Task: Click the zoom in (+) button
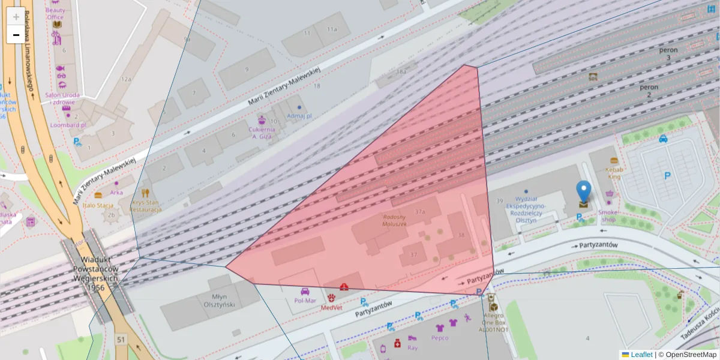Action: point(16,17)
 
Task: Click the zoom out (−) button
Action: point(16,35)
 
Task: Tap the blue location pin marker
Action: point(583,192)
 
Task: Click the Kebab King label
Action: point(614,172)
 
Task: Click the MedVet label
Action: point(331,307)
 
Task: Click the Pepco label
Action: point(439,338)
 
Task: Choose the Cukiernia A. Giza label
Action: point(262,133)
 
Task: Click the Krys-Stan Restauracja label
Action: point(146,206)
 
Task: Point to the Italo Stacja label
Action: point(98,205)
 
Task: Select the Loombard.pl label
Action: point(69,125)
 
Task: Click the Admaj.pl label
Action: point(299,115)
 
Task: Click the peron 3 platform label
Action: point(668,53)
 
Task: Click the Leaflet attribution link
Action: point(641,355)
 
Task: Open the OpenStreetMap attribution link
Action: point(687,355)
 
